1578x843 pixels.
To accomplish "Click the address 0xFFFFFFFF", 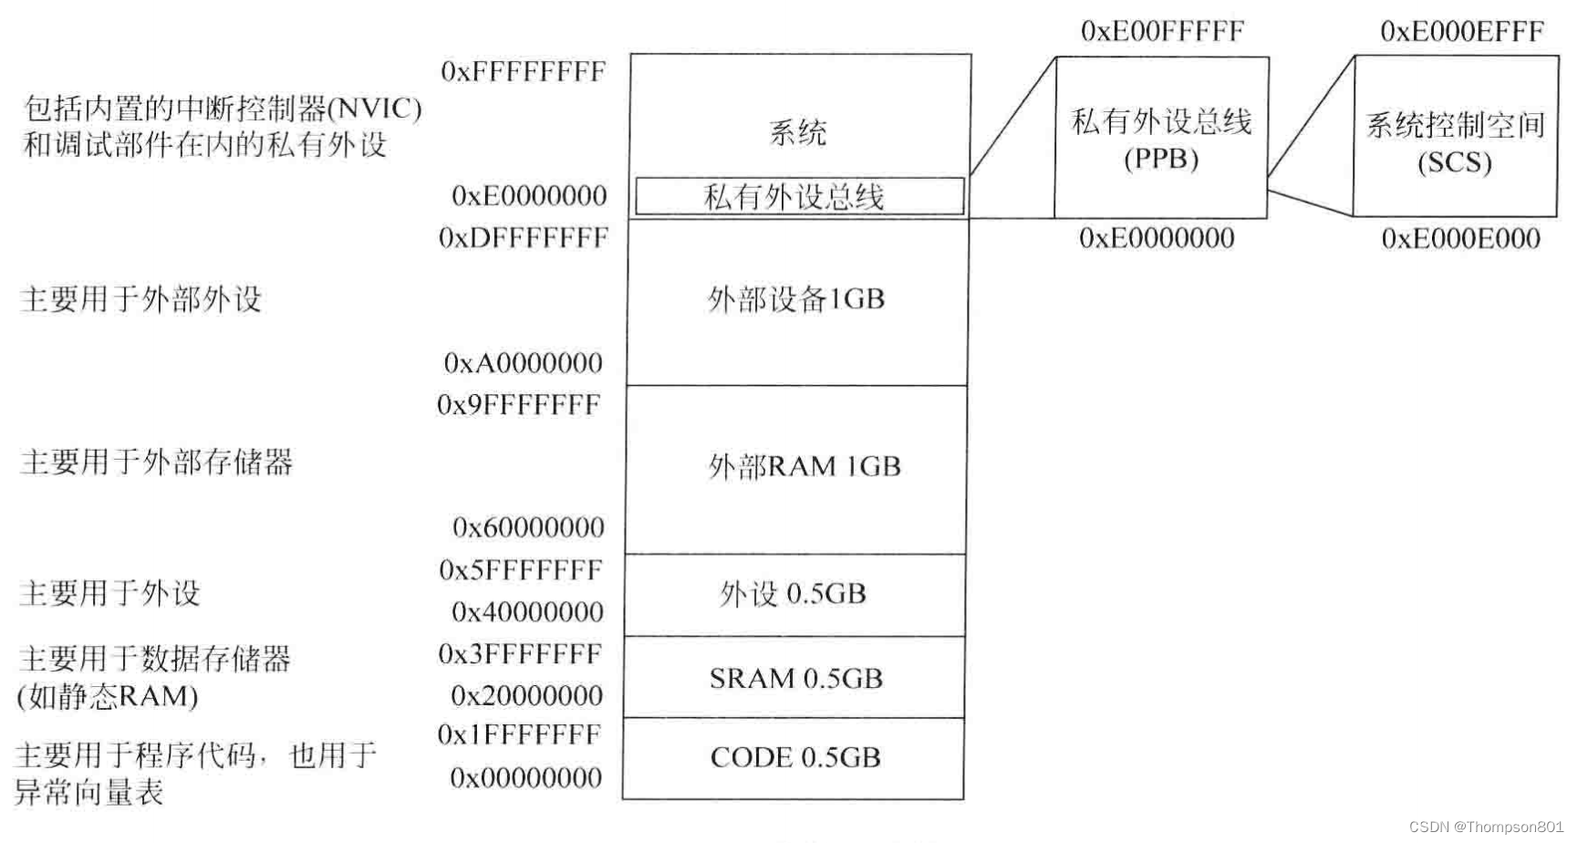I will tap(523, 72).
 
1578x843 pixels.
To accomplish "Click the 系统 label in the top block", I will tap(798, 133).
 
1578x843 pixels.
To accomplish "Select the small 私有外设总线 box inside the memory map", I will tap(799, 196).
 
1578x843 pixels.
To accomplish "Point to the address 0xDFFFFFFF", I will tap(523, 238).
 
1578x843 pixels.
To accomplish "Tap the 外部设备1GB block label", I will tap(796, 299).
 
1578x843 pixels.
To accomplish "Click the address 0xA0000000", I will tap(523, 363).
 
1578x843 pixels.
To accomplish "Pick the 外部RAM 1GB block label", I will tap(805, 467).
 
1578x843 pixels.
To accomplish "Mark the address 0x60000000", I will tap(528, 527).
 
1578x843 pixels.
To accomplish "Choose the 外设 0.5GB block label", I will tap(793, 594).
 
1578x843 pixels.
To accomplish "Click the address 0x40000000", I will tap(527, 612).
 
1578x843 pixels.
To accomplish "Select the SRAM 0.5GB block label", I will tap(795, 679).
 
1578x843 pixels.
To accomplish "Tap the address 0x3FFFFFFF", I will tap(520, 654).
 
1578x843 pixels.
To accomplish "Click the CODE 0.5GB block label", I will tap(795, 757).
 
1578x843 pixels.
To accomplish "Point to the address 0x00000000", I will tap(526, 778).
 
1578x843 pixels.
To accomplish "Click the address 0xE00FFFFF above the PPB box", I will tap(1162, 32).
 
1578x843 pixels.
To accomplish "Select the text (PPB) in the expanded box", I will tap(1161, 160).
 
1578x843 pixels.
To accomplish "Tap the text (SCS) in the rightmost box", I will tap(1455, 163).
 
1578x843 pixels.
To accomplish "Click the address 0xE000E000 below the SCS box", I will tap(1460, 239).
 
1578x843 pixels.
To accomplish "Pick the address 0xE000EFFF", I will tap(1461, 32).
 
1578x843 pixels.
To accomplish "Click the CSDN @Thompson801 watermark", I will tap(1486, 827).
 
